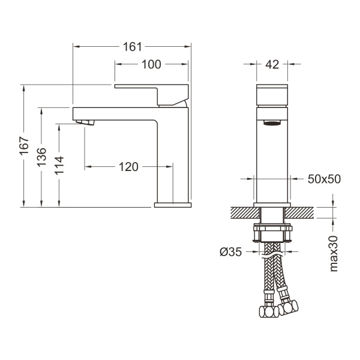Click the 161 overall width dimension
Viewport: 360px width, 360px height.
131,46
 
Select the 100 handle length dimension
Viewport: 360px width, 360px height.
151,65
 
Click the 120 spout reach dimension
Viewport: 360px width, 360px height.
128,167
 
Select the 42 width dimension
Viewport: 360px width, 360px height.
273,65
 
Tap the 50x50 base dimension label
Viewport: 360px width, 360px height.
324,179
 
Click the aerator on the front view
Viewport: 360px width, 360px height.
273,124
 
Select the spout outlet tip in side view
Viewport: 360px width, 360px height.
87,123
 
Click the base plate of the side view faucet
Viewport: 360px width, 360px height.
173,205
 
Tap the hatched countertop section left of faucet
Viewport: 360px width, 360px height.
241,213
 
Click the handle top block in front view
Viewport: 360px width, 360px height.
273,95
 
